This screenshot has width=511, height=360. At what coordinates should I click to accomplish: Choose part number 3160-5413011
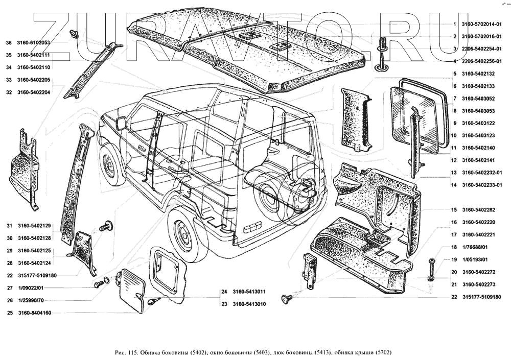click(x=249, y=293)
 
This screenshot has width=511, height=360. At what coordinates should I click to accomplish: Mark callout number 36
click(x=8, y=43)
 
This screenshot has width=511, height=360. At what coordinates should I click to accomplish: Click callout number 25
click(x=9, y=313)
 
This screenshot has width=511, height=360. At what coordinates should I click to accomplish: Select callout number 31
click(x=9, y=226)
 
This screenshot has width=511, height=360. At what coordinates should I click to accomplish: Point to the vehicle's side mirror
click(x=122, y=123)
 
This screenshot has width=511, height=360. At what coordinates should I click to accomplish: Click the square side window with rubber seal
click(x=415, y=115)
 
